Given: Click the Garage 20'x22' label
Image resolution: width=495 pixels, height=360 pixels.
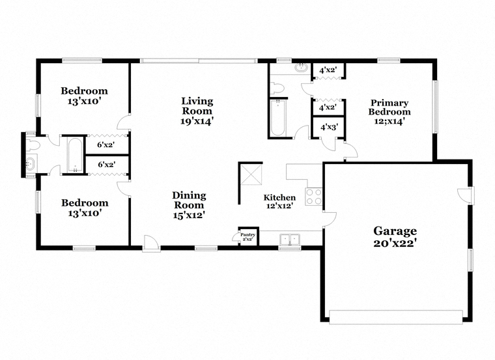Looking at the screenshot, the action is (395, 236).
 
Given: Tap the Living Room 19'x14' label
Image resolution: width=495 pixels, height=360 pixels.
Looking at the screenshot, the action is (197, 111).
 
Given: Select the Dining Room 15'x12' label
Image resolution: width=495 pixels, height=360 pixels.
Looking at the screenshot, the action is (189, 205).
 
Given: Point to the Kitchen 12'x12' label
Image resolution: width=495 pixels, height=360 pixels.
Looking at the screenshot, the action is (279, 202).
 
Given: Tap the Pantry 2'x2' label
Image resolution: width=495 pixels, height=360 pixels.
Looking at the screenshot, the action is (247, 237).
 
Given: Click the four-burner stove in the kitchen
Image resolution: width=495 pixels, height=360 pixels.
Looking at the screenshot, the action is (314, 197).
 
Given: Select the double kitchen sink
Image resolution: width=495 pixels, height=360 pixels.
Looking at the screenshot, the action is (290, 240).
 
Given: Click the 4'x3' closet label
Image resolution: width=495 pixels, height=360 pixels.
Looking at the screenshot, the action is (330, 127).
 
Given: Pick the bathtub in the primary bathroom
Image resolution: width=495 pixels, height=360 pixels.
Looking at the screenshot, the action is (278, 118).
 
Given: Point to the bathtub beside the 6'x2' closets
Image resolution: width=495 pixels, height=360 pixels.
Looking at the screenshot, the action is (75, 155).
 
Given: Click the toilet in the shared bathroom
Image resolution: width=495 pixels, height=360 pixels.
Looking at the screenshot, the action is (33, 145).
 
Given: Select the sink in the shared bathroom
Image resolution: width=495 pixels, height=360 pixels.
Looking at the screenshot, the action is (31, 163).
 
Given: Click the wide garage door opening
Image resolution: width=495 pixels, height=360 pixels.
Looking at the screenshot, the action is (396, 317).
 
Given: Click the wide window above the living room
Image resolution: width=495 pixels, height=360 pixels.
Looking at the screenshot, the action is (199, 61).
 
